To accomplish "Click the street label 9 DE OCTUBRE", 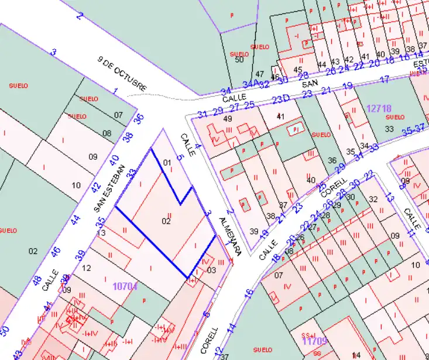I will tap(123, 75).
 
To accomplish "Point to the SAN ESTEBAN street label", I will tap(109, 187).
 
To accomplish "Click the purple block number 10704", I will tap(125, 286).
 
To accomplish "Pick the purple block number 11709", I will tap(314, 340).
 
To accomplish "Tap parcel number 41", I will tap(280, 116).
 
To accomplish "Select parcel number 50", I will tap(239, 59).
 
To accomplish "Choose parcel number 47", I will tap(260, 75).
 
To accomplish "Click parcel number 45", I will tap(298, 70).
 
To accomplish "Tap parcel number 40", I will tap(311, 180).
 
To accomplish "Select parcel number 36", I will tap(332, 160).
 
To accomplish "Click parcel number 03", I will tap(211, 270).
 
